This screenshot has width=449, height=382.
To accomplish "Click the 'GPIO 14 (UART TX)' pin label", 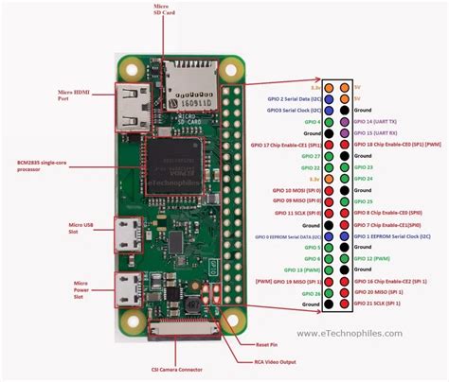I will point(377,122).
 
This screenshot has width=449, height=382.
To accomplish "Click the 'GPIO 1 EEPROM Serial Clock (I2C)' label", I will point(396,233).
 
